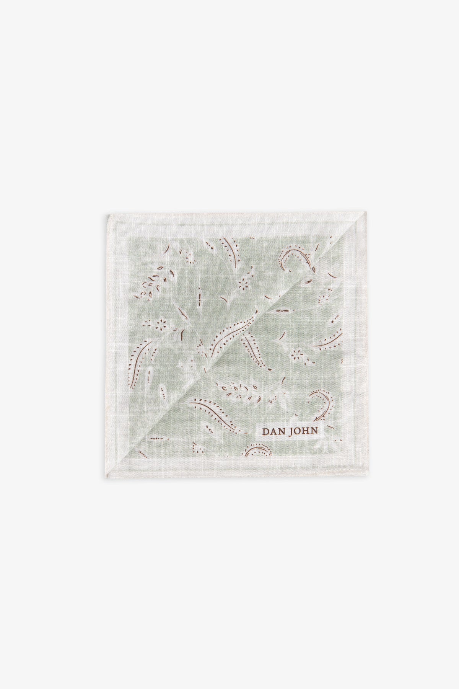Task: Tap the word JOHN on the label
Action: (303, 430)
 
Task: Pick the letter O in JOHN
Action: (297, 430)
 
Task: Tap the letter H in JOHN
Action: (305, 430)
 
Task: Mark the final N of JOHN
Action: (314, 430)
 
